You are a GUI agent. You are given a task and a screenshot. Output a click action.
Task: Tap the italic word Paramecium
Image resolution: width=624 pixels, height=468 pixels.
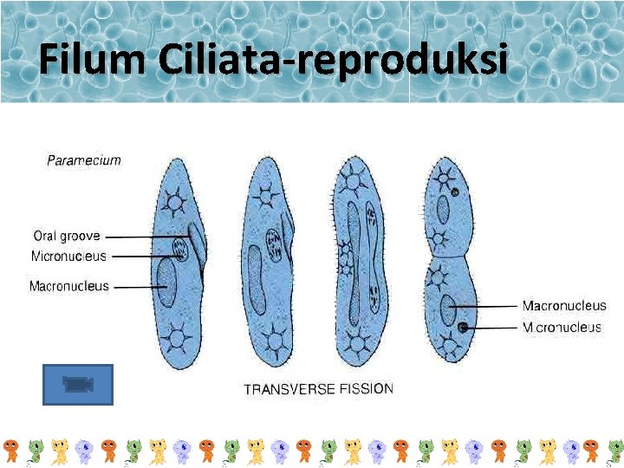[83, 159]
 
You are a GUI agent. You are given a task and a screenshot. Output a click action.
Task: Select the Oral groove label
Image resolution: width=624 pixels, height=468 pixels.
[67, 236]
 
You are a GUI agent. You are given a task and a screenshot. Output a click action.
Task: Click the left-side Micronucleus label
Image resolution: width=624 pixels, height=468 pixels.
[68, 256]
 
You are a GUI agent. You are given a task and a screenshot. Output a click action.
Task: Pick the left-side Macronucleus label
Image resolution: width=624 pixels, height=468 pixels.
[69, 286]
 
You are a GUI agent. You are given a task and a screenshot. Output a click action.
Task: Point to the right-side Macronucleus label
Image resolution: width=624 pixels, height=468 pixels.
[564, 306]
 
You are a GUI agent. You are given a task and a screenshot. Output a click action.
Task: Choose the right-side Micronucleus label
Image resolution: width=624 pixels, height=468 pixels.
[562, 328]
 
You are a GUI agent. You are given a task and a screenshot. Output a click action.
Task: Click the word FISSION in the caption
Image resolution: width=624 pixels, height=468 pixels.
[366, 388]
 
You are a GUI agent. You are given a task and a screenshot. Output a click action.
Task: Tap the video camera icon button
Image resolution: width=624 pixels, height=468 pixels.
[78, 384]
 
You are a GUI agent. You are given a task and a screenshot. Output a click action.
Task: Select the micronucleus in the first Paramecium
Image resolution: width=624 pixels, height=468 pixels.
[180, 250]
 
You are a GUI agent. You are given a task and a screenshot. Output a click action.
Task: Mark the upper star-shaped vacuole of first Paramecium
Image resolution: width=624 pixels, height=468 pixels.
[175, 203]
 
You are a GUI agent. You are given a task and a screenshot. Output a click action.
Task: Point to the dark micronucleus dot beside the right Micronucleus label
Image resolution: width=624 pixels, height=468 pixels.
[464, 327]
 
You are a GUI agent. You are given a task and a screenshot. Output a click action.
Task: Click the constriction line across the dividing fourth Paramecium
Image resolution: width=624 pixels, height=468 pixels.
[448, 257]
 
